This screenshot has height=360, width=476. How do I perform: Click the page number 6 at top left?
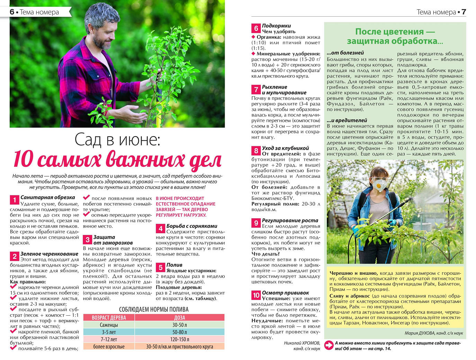pos(12,12)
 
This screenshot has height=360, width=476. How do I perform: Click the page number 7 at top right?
pos(464,12)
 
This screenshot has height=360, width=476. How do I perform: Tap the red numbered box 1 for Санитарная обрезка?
pos(14,200)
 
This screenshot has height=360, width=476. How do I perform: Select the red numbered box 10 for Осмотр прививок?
pos(256,295)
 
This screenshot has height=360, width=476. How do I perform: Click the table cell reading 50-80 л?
pos(179,332)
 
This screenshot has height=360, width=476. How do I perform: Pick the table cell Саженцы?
pos(109,325)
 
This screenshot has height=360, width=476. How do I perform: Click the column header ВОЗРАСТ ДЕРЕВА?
pos(109,317)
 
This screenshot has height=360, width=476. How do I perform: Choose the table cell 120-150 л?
pos(179,339)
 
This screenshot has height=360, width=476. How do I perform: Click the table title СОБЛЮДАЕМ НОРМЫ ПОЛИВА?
pos(154,309)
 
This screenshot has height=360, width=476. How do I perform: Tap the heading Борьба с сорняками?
pos(192,226)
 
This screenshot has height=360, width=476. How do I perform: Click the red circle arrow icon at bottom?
pos(329,345)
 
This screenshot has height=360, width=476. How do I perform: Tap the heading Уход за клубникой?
pos(285,148)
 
